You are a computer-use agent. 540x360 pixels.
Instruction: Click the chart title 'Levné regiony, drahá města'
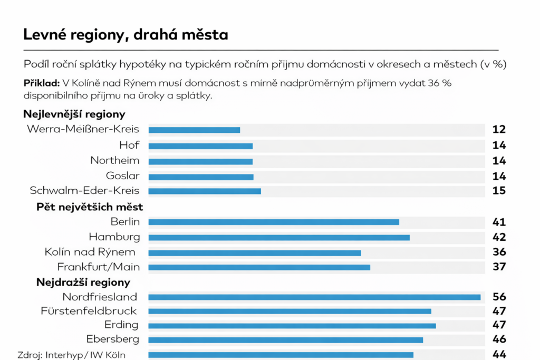126,35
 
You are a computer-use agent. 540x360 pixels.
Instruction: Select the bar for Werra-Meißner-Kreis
194,130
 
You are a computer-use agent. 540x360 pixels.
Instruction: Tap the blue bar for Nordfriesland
314,297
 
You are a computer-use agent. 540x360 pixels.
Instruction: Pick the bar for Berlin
274,222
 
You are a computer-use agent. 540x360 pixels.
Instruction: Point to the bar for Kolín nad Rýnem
255,252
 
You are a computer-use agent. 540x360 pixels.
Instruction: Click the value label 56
499,297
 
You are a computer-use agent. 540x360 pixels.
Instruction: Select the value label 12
499,130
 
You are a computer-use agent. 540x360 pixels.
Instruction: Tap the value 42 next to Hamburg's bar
499,237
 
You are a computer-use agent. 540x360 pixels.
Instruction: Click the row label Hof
129,145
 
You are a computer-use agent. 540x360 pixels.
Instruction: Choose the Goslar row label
123,176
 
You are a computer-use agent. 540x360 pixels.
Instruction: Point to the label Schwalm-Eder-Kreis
85,191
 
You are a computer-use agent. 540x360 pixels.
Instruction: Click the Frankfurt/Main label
99,267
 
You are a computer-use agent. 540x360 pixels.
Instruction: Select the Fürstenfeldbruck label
89,311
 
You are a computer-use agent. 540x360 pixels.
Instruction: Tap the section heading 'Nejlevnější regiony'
74,114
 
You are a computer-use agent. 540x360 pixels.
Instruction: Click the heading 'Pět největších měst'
90,207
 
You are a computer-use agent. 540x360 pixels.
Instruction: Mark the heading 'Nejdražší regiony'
83,283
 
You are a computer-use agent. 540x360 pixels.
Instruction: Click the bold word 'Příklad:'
41,83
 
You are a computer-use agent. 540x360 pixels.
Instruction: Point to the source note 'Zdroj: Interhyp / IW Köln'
72,355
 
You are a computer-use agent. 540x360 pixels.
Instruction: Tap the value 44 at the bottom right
499,354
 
